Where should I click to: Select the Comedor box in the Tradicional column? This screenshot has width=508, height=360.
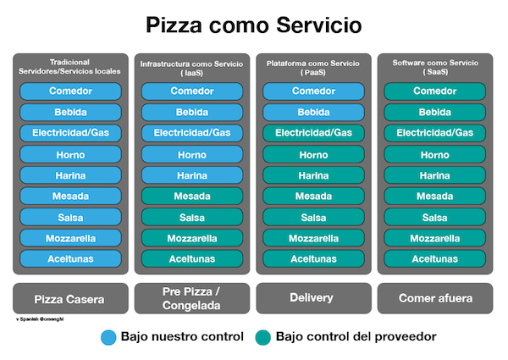point(70,91)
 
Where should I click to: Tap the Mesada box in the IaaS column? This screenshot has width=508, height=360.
point(192,196)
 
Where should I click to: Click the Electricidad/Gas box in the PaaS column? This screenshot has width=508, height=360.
point(314,133)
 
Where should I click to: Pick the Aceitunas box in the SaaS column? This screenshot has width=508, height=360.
point(435,258)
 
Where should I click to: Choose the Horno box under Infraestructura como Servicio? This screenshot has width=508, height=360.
point(192,154)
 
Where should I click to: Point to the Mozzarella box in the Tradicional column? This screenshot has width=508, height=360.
point(70,238)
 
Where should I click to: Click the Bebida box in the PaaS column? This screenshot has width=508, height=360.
point(314,113)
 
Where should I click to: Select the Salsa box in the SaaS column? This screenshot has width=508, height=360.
point(435,217)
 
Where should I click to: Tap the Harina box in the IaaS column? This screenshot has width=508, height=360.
point(192,175)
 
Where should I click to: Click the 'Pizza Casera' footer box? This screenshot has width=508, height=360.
point(70,298)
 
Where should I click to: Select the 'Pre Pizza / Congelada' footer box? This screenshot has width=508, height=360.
point(192,298)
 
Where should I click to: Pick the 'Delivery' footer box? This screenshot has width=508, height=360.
point(314,298)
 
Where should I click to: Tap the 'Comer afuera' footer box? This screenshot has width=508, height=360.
point(435,298)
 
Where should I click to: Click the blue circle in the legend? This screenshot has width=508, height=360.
point(108,336)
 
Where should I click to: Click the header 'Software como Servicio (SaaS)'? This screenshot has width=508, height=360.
point(435,68)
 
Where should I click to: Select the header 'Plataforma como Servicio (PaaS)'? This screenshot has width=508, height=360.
point(314,68)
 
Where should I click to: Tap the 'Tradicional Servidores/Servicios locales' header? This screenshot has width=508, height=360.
point(70,66)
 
